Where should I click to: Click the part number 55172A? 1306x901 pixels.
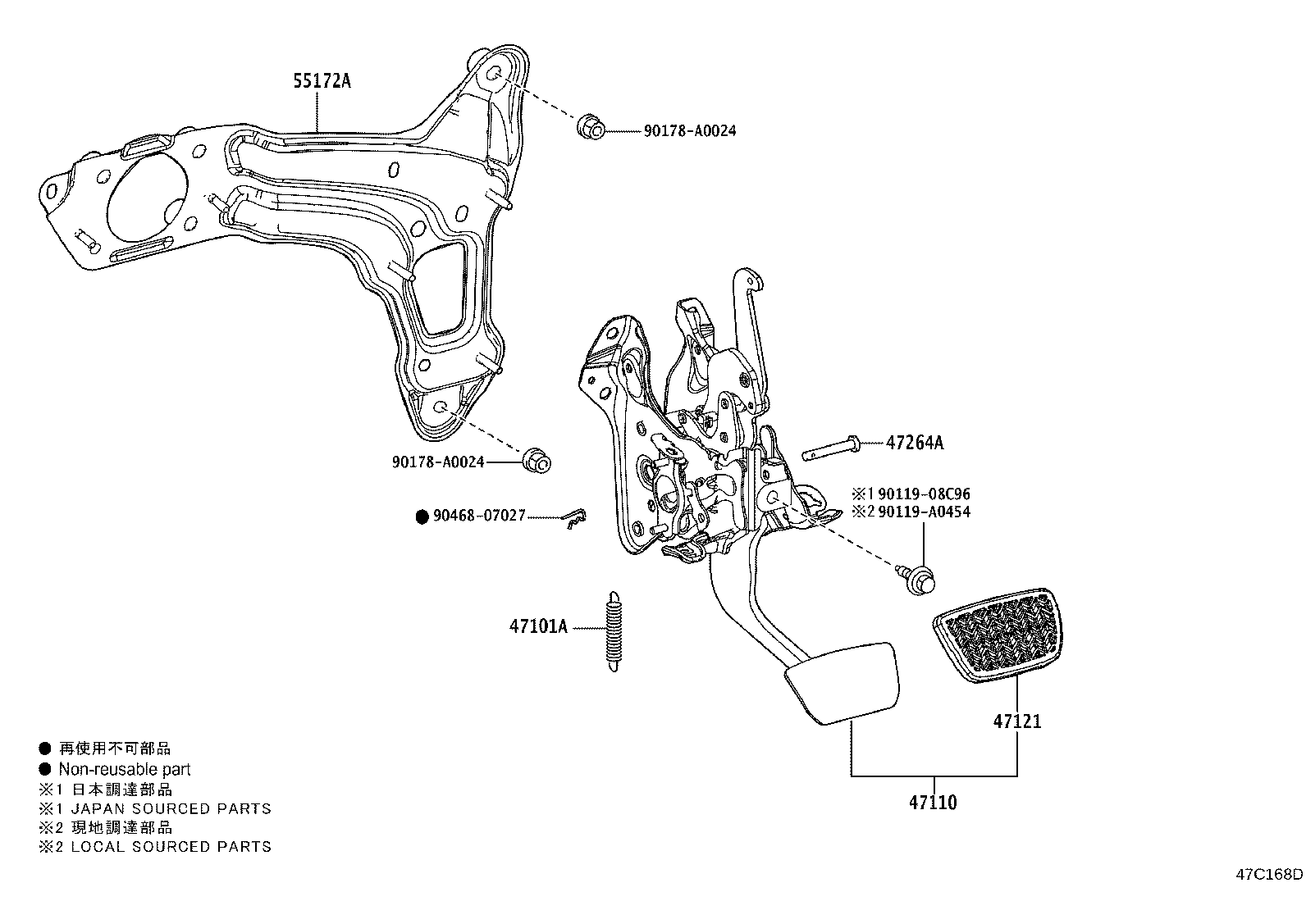(322, 80)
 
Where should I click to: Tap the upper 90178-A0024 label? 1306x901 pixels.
(689, 130)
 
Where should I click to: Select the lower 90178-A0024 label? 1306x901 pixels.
(438, 462)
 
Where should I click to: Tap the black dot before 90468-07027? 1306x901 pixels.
(422, 516)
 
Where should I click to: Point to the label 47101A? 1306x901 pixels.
(538, 627)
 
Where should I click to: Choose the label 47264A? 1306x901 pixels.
(915, 443)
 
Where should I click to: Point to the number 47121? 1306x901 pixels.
(1017, 721)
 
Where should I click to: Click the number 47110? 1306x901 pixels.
(933, 802)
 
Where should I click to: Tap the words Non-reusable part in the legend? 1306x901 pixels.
(125, 769)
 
